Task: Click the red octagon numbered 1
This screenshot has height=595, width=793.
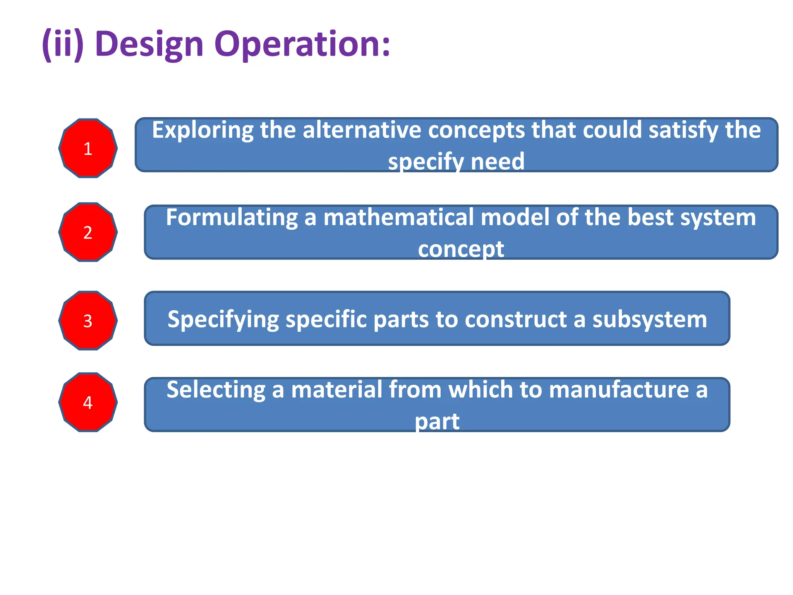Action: (x=88, y=148)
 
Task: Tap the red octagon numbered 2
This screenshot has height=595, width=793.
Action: (x=88, y=232)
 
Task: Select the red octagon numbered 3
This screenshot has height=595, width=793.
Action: (x=88, y=321)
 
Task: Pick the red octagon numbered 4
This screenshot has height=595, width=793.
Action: (x=88, y=402)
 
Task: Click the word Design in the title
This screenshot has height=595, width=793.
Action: (x=149, y=45)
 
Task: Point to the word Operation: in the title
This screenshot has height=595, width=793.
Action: (x=302, y=45)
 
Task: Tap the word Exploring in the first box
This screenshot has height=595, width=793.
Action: (x=202, y=131)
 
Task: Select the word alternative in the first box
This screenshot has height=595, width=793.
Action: (x=362, y=130)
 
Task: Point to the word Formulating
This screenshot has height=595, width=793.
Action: (x=231, y=218)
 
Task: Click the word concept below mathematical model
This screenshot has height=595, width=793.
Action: (x=461, y=249)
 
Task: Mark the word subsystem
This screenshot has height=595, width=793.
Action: (x=649, y=320)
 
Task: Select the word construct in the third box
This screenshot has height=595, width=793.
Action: (x=515, y=320)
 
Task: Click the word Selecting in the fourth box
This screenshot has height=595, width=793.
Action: (x=216, y=390)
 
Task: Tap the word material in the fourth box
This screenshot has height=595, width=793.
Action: (x=336, y=389)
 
